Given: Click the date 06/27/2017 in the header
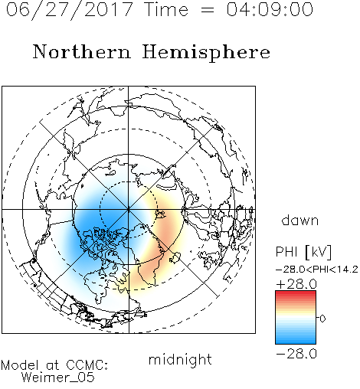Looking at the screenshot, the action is (69, 10).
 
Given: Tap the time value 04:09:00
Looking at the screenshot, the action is (270, 10).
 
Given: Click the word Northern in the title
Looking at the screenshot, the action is (82, 51).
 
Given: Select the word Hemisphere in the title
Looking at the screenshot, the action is (206, 53).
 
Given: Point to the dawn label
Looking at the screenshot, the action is (300, 220).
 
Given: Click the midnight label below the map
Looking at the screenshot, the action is (180, 359).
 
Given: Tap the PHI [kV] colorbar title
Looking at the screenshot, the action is (303, 252).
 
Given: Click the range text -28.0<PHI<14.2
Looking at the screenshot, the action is (317, 270).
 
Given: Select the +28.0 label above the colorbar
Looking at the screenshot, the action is (296, 284).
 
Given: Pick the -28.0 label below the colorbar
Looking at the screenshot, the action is (296, 354).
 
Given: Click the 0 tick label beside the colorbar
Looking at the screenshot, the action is (322, 319).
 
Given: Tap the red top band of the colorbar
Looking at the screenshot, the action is (296, 293).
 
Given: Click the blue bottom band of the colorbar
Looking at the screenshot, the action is (296, 341).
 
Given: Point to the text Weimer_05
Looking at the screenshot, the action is (58, 378).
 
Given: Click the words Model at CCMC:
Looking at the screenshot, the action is (54, 365).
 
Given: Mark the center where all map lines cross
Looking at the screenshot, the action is (129, 209).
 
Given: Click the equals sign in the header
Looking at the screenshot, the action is (207, 10).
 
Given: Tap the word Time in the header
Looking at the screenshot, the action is (166, 10).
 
